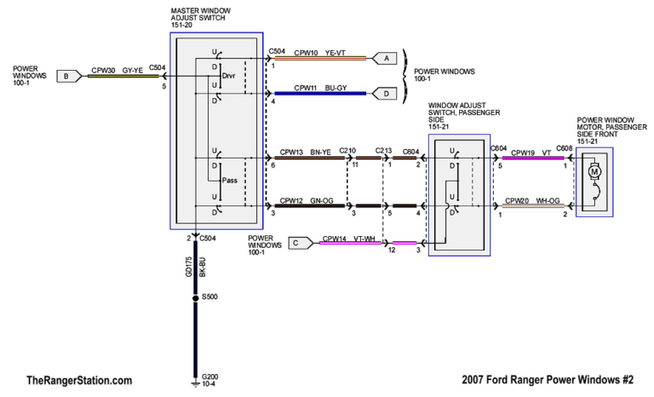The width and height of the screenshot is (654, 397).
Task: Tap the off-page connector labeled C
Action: (x=296, y=243)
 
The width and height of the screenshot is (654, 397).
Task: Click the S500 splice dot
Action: (x=196, y=298)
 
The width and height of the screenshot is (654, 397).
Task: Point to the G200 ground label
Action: (x=210, y=376)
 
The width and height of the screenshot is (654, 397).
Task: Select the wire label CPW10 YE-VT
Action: (x=320, y=53)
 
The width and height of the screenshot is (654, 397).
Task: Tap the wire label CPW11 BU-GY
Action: (x=320, y=88)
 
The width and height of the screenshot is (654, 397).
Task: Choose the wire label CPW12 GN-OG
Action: (x=308, y=200)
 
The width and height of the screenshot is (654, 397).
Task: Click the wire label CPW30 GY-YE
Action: (x=116, y=70)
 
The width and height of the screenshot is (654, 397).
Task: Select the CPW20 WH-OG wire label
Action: (x=531, y=201)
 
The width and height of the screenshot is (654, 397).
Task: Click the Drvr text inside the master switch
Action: (x=228, y=75)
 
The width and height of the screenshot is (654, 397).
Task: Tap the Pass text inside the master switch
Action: (x=228, y=180)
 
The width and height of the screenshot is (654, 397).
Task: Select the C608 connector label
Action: (x=565, y=149)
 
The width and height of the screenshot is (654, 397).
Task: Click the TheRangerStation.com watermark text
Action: (x=79, y=380)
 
